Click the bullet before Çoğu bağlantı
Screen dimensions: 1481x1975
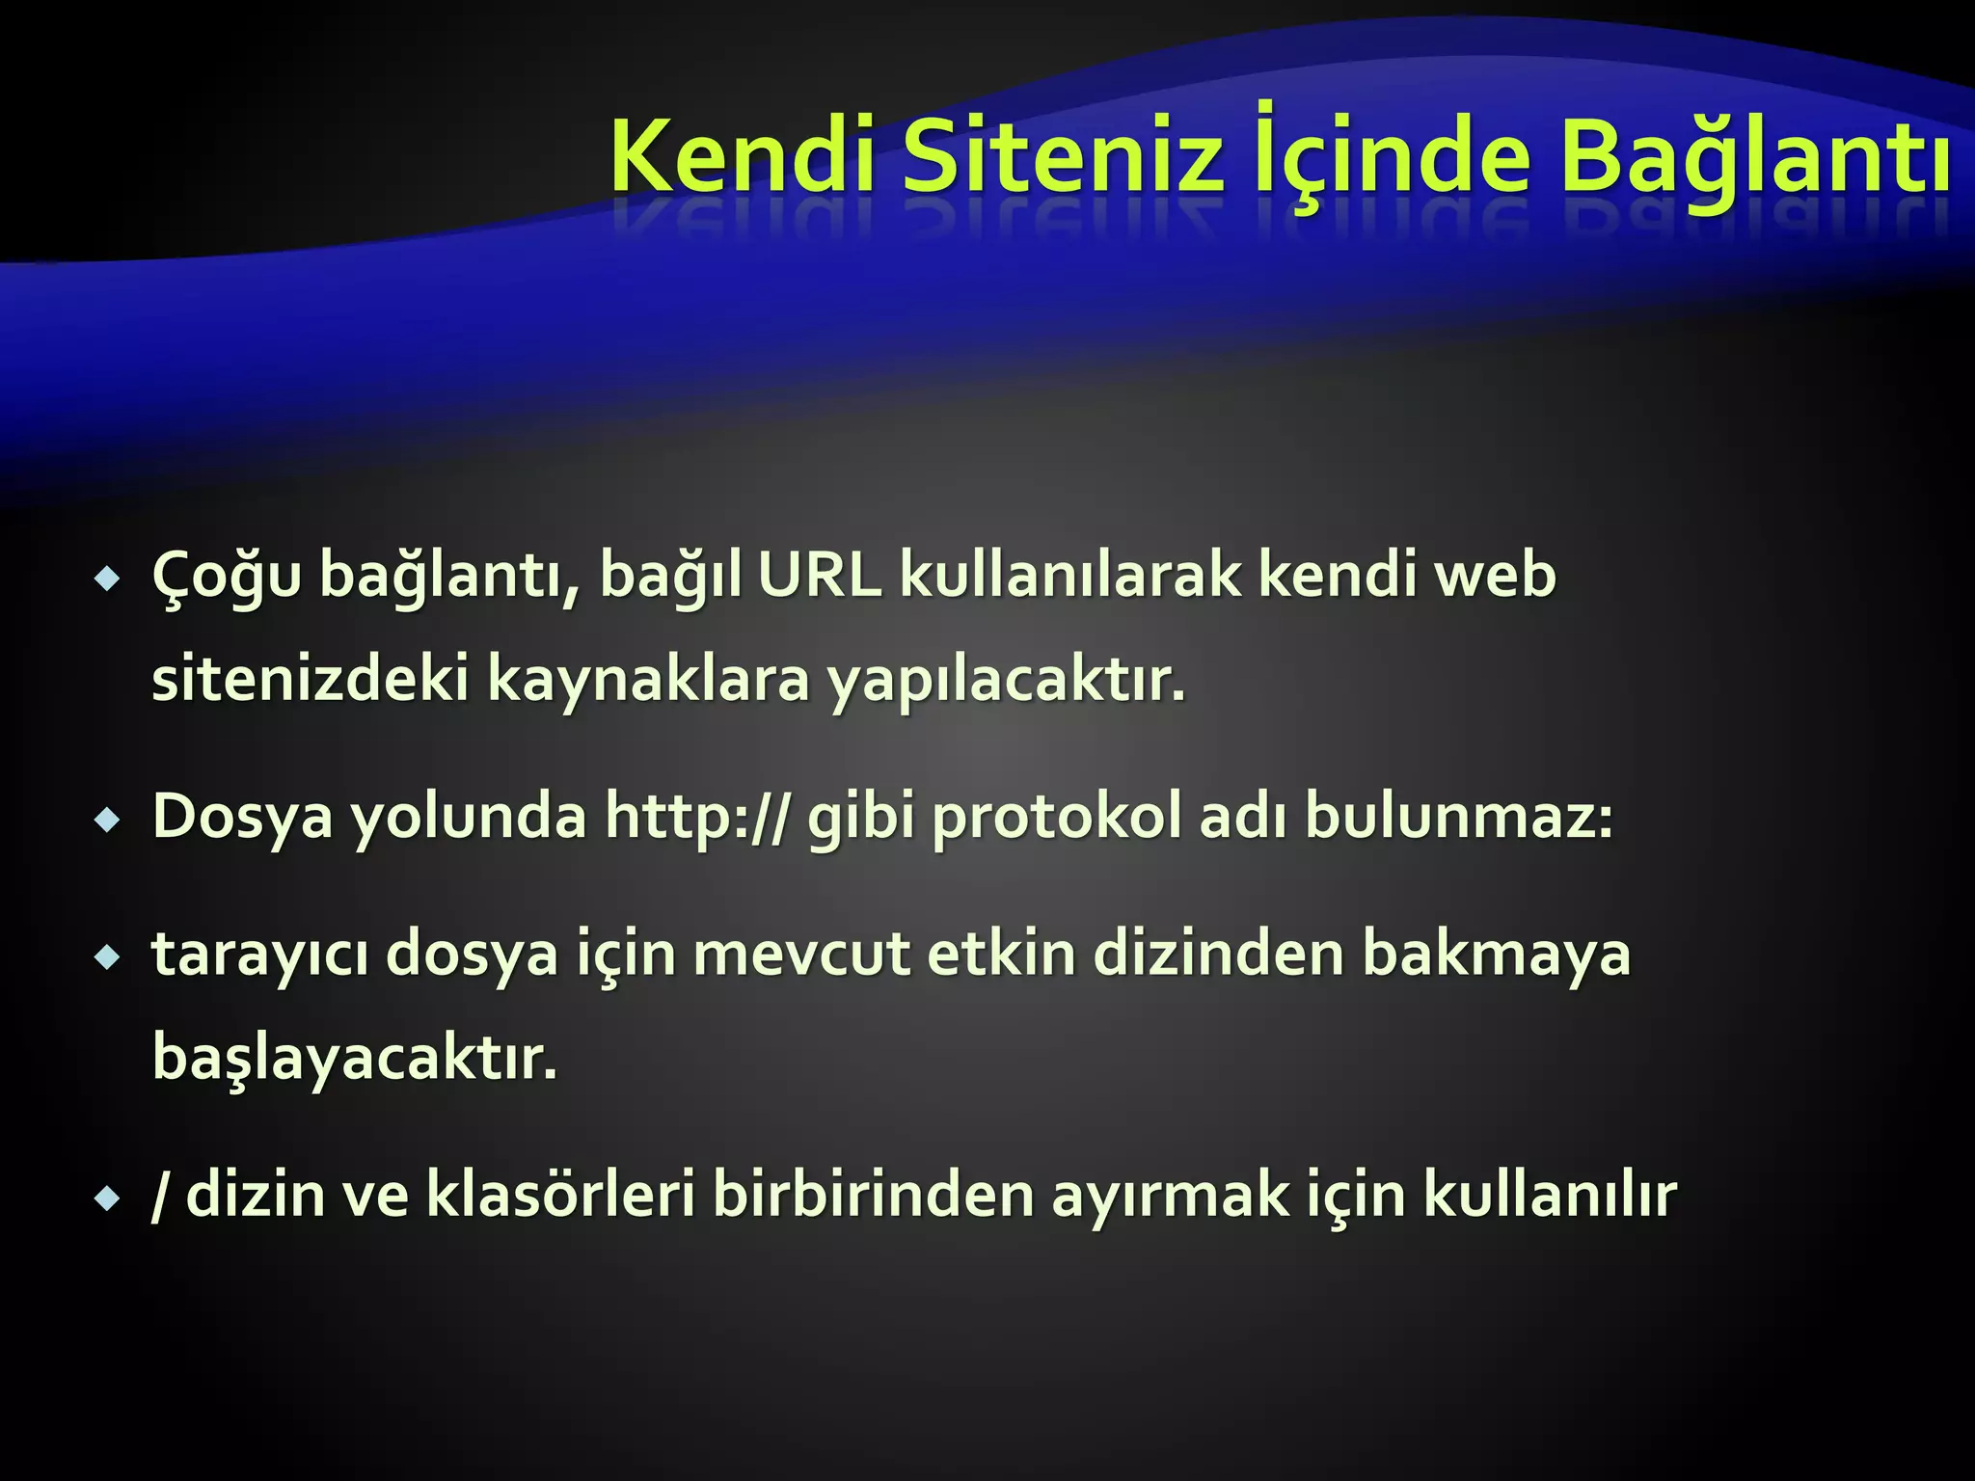107,580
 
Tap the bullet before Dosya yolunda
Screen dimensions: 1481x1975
107,821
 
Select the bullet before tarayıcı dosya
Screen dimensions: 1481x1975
107,958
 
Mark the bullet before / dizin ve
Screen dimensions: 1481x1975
107,1200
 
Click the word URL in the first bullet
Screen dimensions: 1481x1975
819,576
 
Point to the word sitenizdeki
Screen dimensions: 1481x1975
310,679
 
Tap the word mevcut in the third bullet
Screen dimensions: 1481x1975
801,955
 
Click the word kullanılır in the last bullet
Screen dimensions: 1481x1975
1550,1196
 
